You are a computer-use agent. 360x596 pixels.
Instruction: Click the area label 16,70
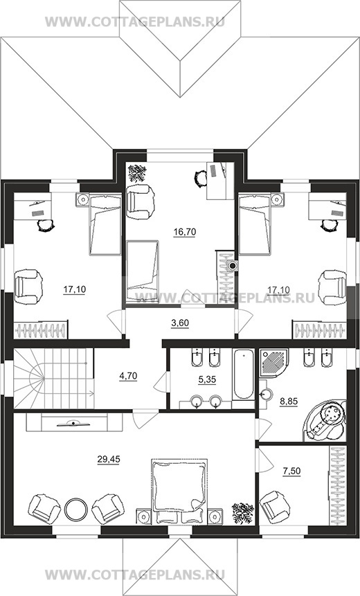(x=184, y=231)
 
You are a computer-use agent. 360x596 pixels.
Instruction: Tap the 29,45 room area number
(x=109, y=459)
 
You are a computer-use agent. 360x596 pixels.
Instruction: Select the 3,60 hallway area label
(x=180, y=323)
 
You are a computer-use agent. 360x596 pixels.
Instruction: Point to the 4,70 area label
(x=128, y=376)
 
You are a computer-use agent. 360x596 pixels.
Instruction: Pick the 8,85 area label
(x=289, y=401)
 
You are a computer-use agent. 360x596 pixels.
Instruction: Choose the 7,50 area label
(x=291, y=471)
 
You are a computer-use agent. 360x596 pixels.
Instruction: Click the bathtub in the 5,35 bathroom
(x=243, y=374)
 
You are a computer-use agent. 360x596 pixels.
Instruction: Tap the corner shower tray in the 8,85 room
(x=273, y=363)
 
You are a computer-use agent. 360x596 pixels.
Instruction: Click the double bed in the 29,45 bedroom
(x=179, y=491)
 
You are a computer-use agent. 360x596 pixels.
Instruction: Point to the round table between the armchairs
(x=76, y=509)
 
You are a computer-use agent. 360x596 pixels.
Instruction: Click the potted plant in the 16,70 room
(x=137, y=173)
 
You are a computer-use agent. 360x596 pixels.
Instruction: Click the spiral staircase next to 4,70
(x=53, y=379)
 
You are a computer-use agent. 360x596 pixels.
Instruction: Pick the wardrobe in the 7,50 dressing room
(x=337, y=485)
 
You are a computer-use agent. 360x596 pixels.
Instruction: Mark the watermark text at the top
(x=135, y=21)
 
